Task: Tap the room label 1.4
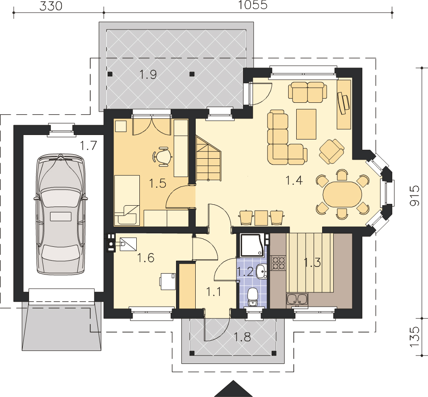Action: click(294, 180)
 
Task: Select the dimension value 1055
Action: click(253, 5)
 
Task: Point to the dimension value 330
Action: click(51, 6)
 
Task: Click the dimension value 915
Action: click(415, 196)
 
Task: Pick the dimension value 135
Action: click(415, 337)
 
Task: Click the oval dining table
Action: click(342, 194)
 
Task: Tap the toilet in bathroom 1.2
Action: click(252, 297)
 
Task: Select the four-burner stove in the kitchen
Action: click(278, 263)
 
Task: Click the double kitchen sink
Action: click(297, 299)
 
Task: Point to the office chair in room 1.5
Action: click(162, 156)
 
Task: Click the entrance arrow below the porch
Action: click(233, 388)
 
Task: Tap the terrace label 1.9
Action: click(148, 74)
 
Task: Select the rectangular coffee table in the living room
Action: click(306, 124)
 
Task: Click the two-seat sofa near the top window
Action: click(308, 92)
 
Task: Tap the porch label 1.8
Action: click(243, 337)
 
